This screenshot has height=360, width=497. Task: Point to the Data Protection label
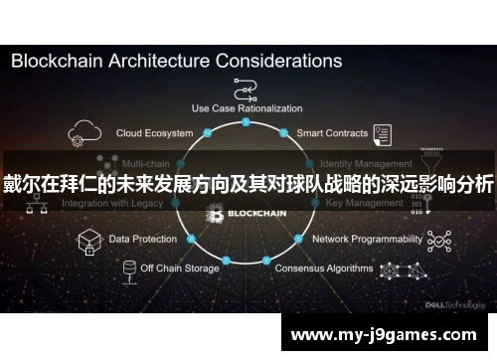pyautogui.click(x=143, y=240)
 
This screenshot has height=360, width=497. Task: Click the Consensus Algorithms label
pyautogui.click(x=323, y=268)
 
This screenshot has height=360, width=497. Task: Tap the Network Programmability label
pyautogui.click(x=366, y=240)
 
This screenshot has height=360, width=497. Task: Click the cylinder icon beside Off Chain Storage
pyautogui.click(x=128, y=270)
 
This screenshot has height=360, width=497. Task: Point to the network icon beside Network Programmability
pyautogui.click(x=437, y=240)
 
